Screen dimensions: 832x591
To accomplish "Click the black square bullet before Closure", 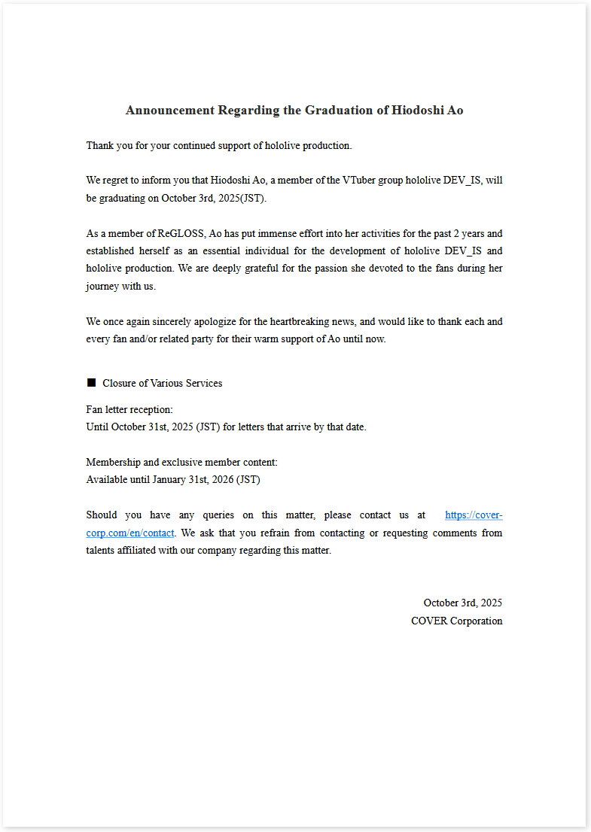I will pyautogui.click(x=92, y=383).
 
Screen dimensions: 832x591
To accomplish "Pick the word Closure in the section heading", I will pyautogui.click(x=120, y=383).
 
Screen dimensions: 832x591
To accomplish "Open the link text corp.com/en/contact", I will pyautogui.click(x=130, y=533).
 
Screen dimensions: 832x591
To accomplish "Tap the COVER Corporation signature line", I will pyautogui.click(x=456, y=621).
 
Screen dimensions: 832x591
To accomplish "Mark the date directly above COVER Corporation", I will pyautogui.click(x=462, y=603).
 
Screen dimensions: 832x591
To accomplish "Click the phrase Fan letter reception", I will pyautogui.click(x=129, y=409).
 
